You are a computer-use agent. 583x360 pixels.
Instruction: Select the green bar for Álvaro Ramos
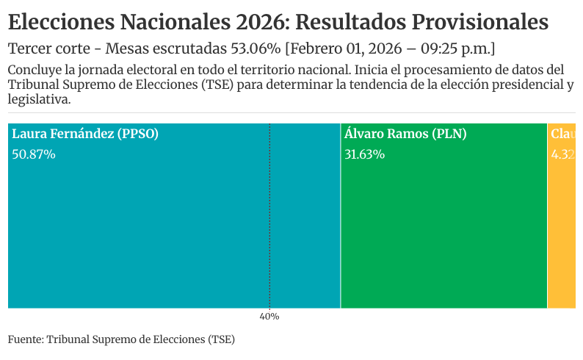click(x=443, y=228)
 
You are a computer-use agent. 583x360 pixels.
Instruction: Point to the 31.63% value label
click(x=364, y=154)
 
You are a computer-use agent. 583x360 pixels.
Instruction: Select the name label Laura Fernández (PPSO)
click(x=85, y=134)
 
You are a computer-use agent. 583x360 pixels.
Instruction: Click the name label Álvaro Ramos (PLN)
click(x=405, y=134)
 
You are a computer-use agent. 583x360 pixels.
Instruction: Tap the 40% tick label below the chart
click(x=269, y=317)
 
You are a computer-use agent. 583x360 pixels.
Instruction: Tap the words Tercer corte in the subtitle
click(x=53, y=49)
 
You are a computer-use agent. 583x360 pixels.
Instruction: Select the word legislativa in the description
click(x=39, y=98)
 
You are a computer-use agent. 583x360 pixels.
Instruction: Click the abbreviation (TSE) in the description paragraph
click(x=220, y=84)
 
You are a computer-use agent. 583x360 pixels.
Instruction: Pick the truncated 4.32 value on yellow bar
click(x=563, y=154)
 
